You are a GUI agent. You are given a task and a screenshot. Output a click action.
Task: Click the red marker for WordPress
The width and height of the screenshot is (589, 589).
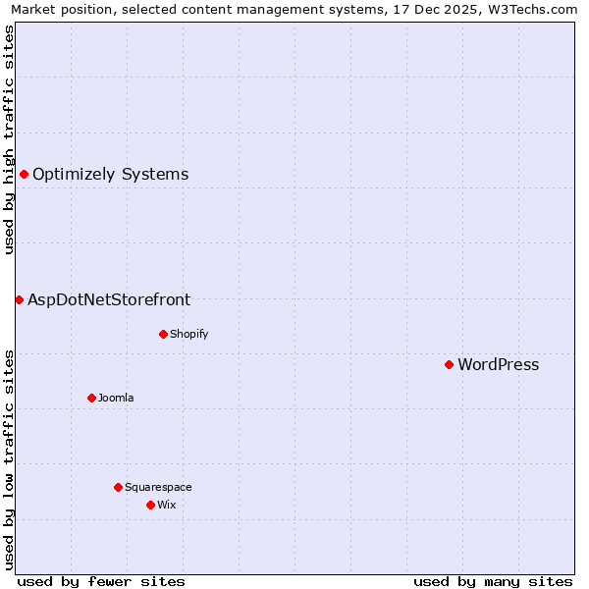(449, 364)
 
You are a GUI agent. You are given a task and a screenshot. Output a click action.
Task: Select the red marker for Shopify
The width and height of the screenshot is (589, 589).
(163, 334)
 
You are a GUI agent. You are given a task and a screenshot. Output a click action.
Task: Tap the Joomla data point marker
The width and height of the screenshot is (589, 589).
(91, 398)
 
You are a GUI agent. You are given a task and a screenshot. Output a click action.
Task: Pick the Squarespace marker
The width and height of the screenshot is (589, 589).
(118, 487)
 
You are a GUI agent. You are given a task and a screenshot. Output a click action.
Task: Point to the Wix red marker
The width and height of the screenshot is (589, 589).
(150, 505)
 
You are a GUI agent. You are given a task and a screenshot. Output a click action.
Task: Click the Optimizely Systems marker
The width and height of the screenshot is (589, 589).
(24, 174)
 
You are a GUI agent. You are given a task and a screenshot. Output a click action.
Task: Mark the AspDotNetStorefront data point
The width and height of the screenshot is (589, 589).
(19, 299)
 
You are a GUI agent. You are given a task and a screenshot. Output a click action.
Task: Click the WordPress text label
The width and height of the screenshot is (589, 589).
(498, 364)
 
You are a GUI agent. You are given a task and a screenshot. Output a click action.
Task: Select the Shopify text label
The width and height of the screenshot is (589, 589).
(188, 334)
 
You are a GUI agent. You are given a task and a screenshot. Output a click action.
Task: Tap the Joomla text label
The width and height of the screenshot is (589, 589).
(116, 398)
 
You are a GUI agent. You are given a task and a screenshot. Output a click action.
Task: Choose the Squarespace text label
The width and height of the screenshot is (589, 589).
(158, 487)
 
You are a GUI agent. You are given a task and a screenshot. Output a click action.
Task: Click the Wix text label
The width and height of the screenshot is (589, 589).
(166, 505)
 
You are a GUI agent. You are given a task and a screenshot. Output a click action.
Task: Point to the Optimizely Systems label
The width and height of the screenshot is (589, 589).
(110, 174)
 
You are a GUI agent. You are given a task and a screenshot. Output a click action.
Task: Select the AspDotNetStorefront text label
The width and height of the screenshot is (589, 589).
(109, 299)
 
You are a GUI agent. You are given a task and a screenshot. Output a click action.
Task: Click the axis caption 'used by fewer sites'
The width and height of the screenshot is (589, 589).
(101, 581)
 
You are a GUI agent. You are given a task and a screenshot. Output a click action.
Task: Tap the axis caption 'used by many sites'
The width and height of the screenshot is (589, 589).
(493, 581)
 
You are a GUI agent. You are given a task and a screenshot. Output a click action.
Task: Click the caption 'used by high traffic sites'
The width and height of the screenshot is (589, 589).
(9, 139)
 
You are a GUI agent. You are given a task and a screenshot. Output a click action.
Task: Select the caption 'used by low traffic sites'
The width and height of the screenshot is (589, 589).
(9, 459)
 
